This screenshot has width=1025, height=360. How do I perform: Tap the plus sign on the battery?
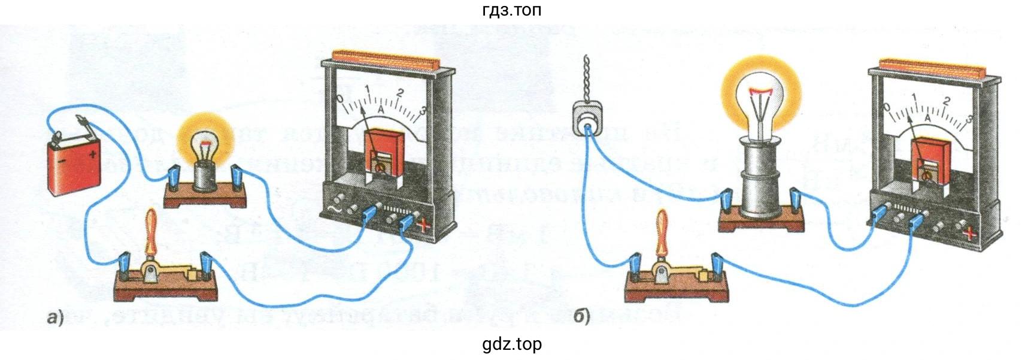92,154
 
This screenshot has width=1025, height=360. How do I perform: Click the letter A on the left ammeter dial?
380,110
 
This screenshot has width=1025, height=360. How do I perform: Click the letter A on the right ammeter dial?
927,117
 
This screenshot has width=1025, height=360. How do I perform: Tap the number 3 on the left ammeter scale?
423,110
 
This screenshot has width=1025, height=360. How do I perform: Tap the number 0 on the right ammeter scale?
887,107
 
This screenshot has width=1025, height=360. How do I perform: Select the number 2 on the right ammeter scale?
946,102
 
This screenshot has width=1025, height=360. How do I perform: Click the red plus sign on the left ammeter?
424,226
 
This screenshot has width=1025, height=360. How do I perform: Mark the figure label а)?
54,317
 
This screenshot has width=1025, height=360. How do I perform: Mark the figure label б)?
581,316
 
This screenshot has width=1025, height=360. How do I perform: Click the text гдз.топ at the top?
512,10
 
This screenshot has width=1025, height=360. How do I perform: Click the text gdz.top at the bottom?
512,344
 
